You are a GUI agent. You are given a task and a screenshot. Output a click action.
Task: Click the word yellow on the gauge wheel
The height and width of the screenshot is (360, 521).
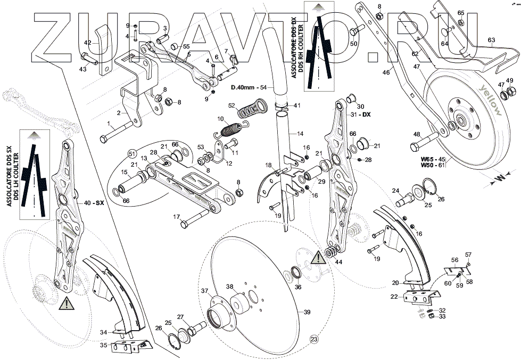tap(491, 100)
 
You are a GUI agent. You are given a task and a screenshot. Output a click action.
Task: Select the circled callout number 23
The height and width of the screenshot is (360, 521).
tap(313, 339)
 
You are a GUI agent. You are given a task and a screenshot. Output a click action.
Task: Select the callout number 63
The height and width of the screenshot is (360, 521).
tap(491, 40)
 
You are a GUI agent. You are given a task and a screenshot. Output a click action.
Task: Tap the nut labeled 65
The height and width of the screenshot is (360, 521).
tap(461, 22)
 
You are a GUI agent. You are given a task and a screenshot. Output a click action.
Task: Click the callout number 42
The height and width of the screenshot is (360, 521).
tap(88, 43)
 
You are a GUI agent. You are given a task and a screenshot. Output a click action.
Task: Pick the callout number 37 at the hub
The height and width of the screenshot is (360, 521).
tap(204, 291)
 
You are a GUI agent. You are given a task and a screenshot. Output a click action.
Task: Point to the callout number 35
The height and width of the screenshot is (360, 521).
tap(104, 345)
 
